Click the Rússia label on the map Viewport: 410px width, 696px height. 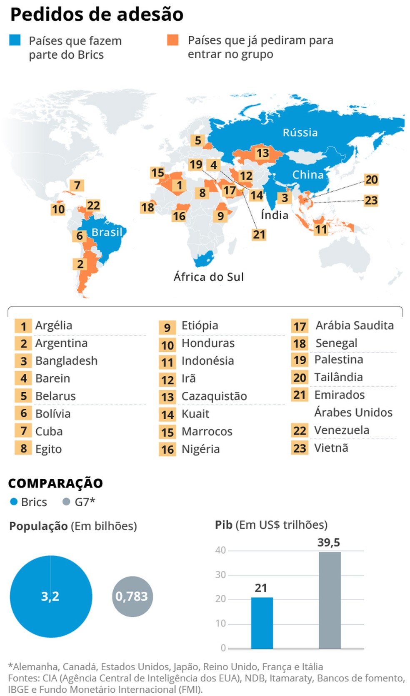pyautogui.click(x=300, y=132)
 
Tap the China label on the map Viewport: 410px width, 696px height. pyautogui.click(x=308, y=174)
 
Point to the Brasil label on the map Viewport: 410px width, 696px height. pyautogui.click(x=107, y=232)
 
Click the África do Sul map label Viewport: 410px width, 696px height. pyautogui.click(x=209, y=277)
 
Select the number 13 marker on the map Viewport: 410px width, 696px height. pyautogui.click(x=262, y=153)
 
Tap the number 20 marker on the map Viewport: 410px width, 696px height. pyautogui.click(x=371, y=179)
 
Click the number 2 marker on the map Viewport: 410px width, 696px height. pyautogui.click(x=80, y=264)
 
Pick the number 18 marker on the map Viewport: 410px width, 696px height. pyautogui.click(x=147, y=207)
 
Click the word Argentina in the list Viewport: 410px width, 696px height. pyautogui.click(x=61, y=343)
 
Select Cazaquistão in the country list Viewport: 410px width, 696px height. pyautogui.click(x=214, y=396)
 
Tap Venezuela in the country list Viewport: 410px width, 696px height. pyautogui.click(x=342, y=430)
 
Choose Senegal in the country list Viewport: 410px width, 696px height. pyautogui.click(x=336, y=343)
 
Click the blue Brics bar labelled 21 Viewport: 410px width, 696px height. pyautogui.click(x=262, y=623)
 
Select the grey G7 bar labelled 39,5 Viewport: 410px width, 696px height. pyautogui.click(x=330, y=600)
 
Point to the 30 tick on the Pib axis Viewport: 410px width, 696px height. pyautogui.click(x=220, y=575)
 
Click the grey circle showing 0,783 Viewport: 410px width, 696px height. pyautogui.click(x=132, y=596)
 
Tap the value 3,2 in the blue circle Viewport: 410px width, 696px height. pyautogui.click(x=50, y=596)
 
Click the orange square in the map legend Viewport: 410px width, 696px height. pyautogui.click(x=172, y=40)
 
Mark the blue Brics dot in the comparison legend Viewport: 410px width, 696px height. pyautogui.click(x=14, y=502)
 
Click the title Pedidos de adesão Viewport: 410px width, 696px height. pyautogui.click(x=97, y=14)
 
